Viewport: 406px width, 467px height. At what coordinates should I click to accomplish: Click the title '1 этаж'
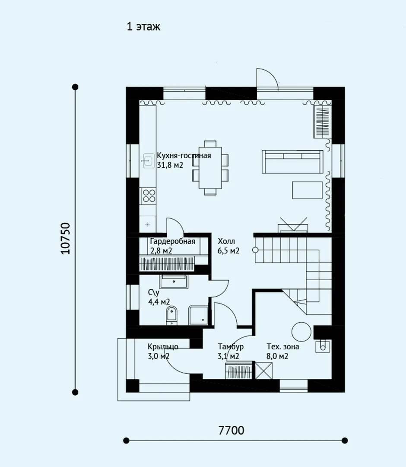click(x=143, y=26)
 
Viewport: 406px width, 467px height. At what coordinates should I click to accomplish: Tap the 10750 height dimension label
click(x=66, y=238)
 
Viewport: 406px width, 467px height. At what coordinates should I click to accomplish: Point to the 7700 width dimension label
click(x=232, y=430)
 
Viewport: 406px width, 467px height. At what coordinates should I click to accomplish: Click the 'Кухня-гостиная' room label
click(x=184, y=156)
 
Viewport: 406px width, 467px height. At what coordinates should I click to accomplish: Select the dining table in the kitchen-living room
click(x=210, y=168)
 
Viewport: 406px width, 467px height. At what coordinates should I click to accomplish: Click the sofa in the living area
click(x=292, y=162)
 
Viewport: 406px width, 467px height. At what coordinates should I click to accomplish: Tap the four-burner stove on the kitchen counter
click(x=149, y=196)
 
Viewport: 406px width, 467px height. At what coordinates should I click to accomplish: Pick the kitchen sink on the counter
click(x=148, y=160)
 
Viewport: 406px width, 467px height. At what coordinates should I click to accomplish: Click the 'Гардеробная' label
click(x=172, y=241)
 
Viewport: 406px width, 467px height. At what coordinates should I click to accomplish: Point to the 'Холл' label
click(x=226, y=241)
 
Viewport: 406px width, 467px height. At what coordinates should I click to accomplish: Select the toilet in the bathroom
click(x=171, y=315)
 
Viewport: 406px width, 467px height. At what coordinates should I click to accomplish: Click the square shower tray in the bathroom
click(x=198, y=315)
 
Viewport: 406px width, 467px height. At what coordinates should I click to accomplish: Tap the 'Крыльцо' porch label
click(x=163, y=347)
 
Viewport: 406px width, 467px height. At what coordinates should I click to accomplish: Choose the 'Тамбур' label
click(x=231, y=347)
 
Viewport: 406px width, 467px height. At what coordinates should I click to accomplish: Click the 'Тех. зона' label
click(x=282, y=347)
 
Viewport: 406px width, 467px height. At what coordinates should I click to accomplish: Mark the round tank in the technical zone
click(x=301, y=332)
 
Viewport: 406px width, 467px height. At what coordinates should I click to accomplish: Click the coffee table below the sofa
click(x=307, y=190)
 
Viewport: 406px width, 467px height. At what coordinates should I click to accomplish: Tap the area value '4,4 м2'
click(x=159, y=302)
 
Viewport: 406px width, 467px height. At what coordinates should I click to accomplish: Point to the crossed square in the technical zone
click(x=264, y=371)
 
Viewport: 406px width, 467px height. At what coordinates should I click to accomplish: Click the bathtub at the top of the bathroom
click(x=174, y=282)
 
